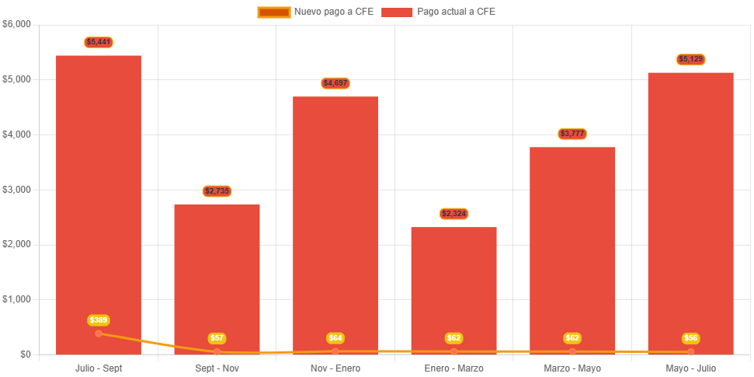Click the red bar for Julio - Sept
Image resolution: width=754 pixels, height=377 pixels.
tap(99, 194)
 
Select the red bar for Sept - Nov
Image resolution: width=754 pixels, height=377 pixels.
tap(217, 272)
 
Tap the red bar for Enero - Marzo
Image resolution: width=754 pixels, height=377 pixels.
tap(453, 288)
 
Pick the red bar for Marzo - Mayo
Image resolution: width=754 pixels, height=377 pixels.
tap(572, 249)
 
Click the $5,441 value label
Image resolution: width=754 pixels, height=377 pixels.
tap(99, 42)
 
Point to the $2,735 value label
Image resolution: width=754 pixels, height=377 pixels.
tap(217, 191)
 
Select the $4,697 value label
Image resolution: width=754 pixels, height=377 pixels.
tap(335, 83)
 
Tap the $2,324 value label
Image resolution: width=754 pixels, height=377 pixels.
tap(453, 214)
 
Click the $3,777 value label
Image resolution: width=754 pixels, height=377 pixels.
tap(572, 134)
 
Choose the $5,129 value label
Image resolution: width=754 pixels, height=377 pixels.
tap(690, 59)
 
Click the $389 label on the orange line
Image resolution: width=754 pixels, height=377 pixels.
tap(99, 320)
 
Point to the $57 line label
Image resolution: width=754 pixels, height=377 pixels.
tap(217, 338)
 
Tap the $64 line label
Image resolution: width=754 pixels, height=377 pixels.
tap(335, 338)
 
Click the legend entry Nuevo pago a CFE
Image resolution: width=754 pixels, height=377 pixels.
tap(315, 12)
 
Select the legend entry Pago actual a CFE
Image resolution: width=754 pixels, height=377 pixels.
tap(438, 12)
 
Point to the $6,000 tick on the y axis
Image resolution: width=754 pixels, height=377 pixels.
tap(16, 24)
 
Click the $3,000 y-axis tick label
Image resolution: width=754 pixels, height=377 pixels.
tap(16, 190)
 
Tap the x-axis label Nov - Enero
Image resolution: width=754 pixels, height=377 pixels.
tap(335, 368)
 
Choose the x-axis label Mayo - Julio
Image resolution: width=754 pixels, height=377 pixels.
tap(690, 368)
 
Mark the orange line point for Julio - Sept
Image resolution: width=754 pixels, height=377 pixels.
tap(99, 333)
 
